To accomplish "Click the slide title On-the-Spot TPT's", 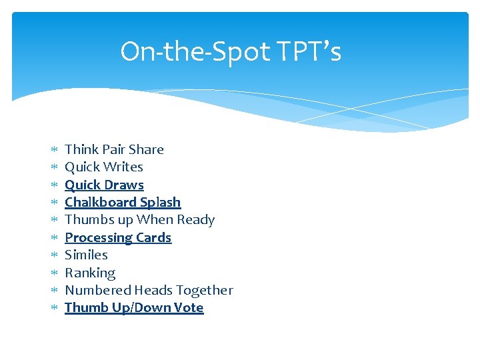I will click(x=231, y=51).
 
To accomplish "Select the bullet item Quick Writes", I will click(x=104, y=167).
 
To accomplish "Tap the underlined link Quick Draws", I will click(x=104, y=185).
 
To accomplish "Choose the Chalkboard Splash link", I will click(x=123, y=202).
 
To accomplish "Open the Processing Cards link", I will click(x=118, y=237).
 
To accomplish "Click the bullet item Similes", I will click(x=86, y=255).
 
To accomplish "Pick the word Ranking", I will click(x=90, y=273).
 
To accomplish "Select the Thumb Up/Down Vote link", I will click(x=134, y=307).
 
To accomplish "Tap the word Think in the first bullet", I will click(x=81, y=149).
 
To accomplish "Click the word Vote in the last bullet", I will click(x=188, y=307).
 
